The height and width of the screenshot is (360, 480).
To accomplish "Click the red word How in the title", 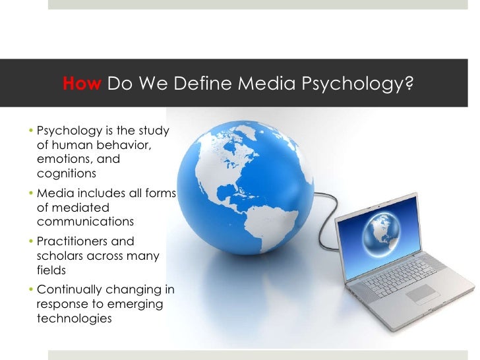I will [x=82, y=84].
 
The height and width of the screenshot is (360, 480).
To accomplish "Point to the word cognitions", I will [x=67, y=174].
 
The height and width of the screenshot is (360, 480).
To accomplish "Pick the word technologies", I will [x=75, y=318].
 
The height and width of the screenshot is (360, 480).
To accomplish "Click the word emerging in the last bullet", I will [x=137, y=303].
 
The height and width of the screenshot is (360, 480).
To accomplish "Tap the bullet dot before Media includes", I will [x=33, y=193].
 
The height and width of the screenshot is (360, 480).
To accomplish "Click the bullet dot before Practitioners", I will [x=33, y=241].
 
